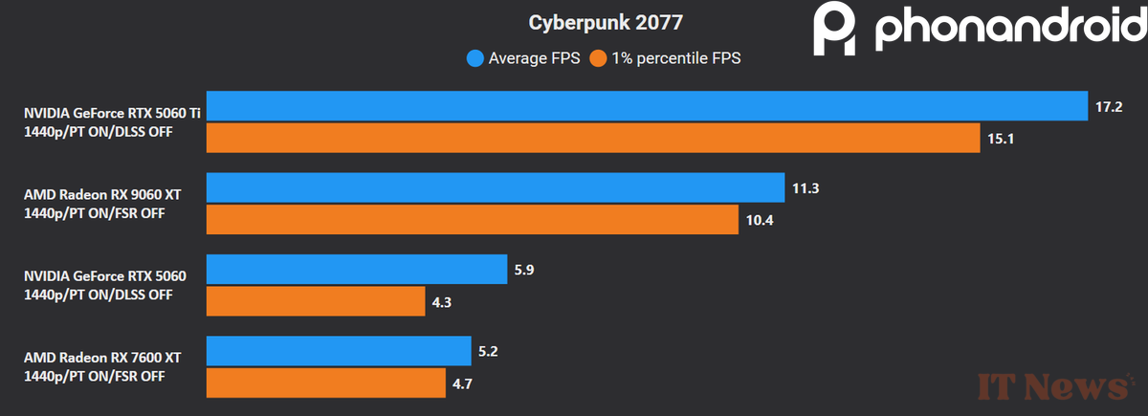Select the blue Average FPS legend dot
coord(475,58)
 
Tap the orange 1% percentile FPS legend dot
coord(599,58)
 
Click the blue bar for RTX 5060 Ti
coord(648,106)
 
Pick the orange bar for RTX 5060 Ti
coord(593,139)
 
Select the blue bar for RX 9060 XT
coord(496,187)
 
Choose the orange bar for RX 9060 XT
coord(473,220)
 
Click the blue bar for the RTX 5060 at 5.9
coord(356,270)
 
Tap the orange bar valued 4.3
coord(316,302)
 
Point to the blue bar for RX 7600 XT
coord(339,351)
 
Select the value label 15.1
coord(1000,139)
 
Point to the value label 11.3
coord(805,187)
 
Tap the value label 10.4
coord(759,220)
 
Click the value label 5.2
coord(490,351)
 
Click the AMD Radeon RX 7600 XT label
coord(102,358)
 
